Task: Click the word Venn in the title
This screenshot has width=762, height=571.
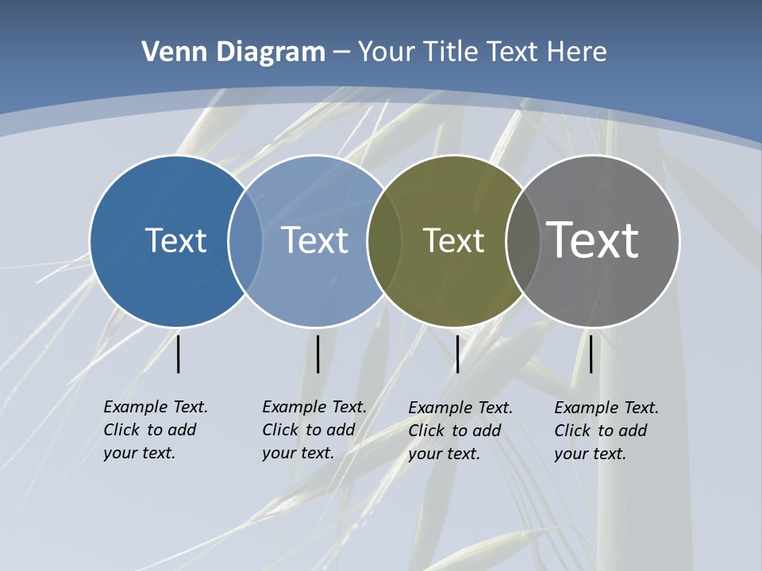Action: (x=165, y=52)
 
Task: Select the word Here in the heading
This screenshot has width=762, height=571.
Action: (x=576, y=52)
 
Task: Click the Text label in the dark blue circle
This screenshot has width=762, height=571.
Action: (x=175, y=240)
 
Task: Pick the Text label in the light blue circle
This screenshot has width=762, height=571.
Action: (x=314, y=240)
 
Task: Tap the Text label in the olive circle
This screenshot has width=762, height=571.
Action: (x=453, y=240)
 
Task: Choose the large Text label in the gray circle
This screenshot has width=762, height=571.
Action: (x=593, y=240)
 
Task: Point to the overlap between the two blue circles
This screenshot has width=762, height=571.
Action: (x=245, y=240)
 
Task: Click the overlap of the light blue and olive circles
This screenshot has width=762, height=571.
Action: (x=384, y=240)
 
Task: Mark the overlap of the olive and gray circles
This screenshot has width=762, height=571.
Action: (x=522, y=240)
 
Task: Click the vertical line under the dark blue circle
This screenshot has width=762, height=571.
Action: (x=179, y=354)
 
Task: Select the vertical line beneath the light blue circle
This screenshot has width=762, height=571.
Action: (x=317, y=354)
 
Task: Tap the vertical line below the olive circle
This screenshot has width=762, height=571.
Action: (x=457, y=354)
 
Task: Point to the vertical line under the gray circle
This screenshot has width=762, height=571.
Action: (x=591, y=354)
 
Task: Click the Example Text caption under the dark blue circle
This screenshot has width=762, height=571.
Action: (x=156, y=430)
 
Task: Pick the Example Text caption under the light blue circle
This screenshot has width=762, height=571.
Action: (x=314, y=430)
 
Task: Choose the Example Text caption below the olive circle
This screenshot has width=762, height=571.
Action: (x=460, y=431)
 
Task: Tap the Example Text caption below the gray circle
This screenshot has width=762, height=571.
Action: (x=606, y=431)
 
